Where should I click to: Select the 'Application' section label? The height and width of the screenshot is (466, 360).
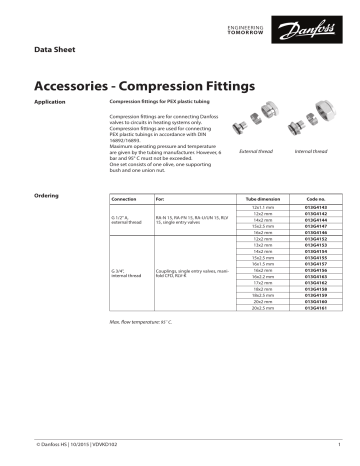tap(50, 102)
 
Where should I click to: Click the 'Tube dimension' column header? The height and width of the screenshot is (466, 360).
tap(264, 199)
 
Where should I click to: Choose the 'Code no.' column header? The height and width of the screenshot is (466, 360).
tap(316, 199)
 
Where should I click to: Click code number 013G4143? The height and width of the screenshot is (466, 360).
tap(316, 207)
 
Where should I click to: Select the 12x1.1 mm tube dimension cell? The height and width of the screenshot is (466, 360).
tap(264, 207)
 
